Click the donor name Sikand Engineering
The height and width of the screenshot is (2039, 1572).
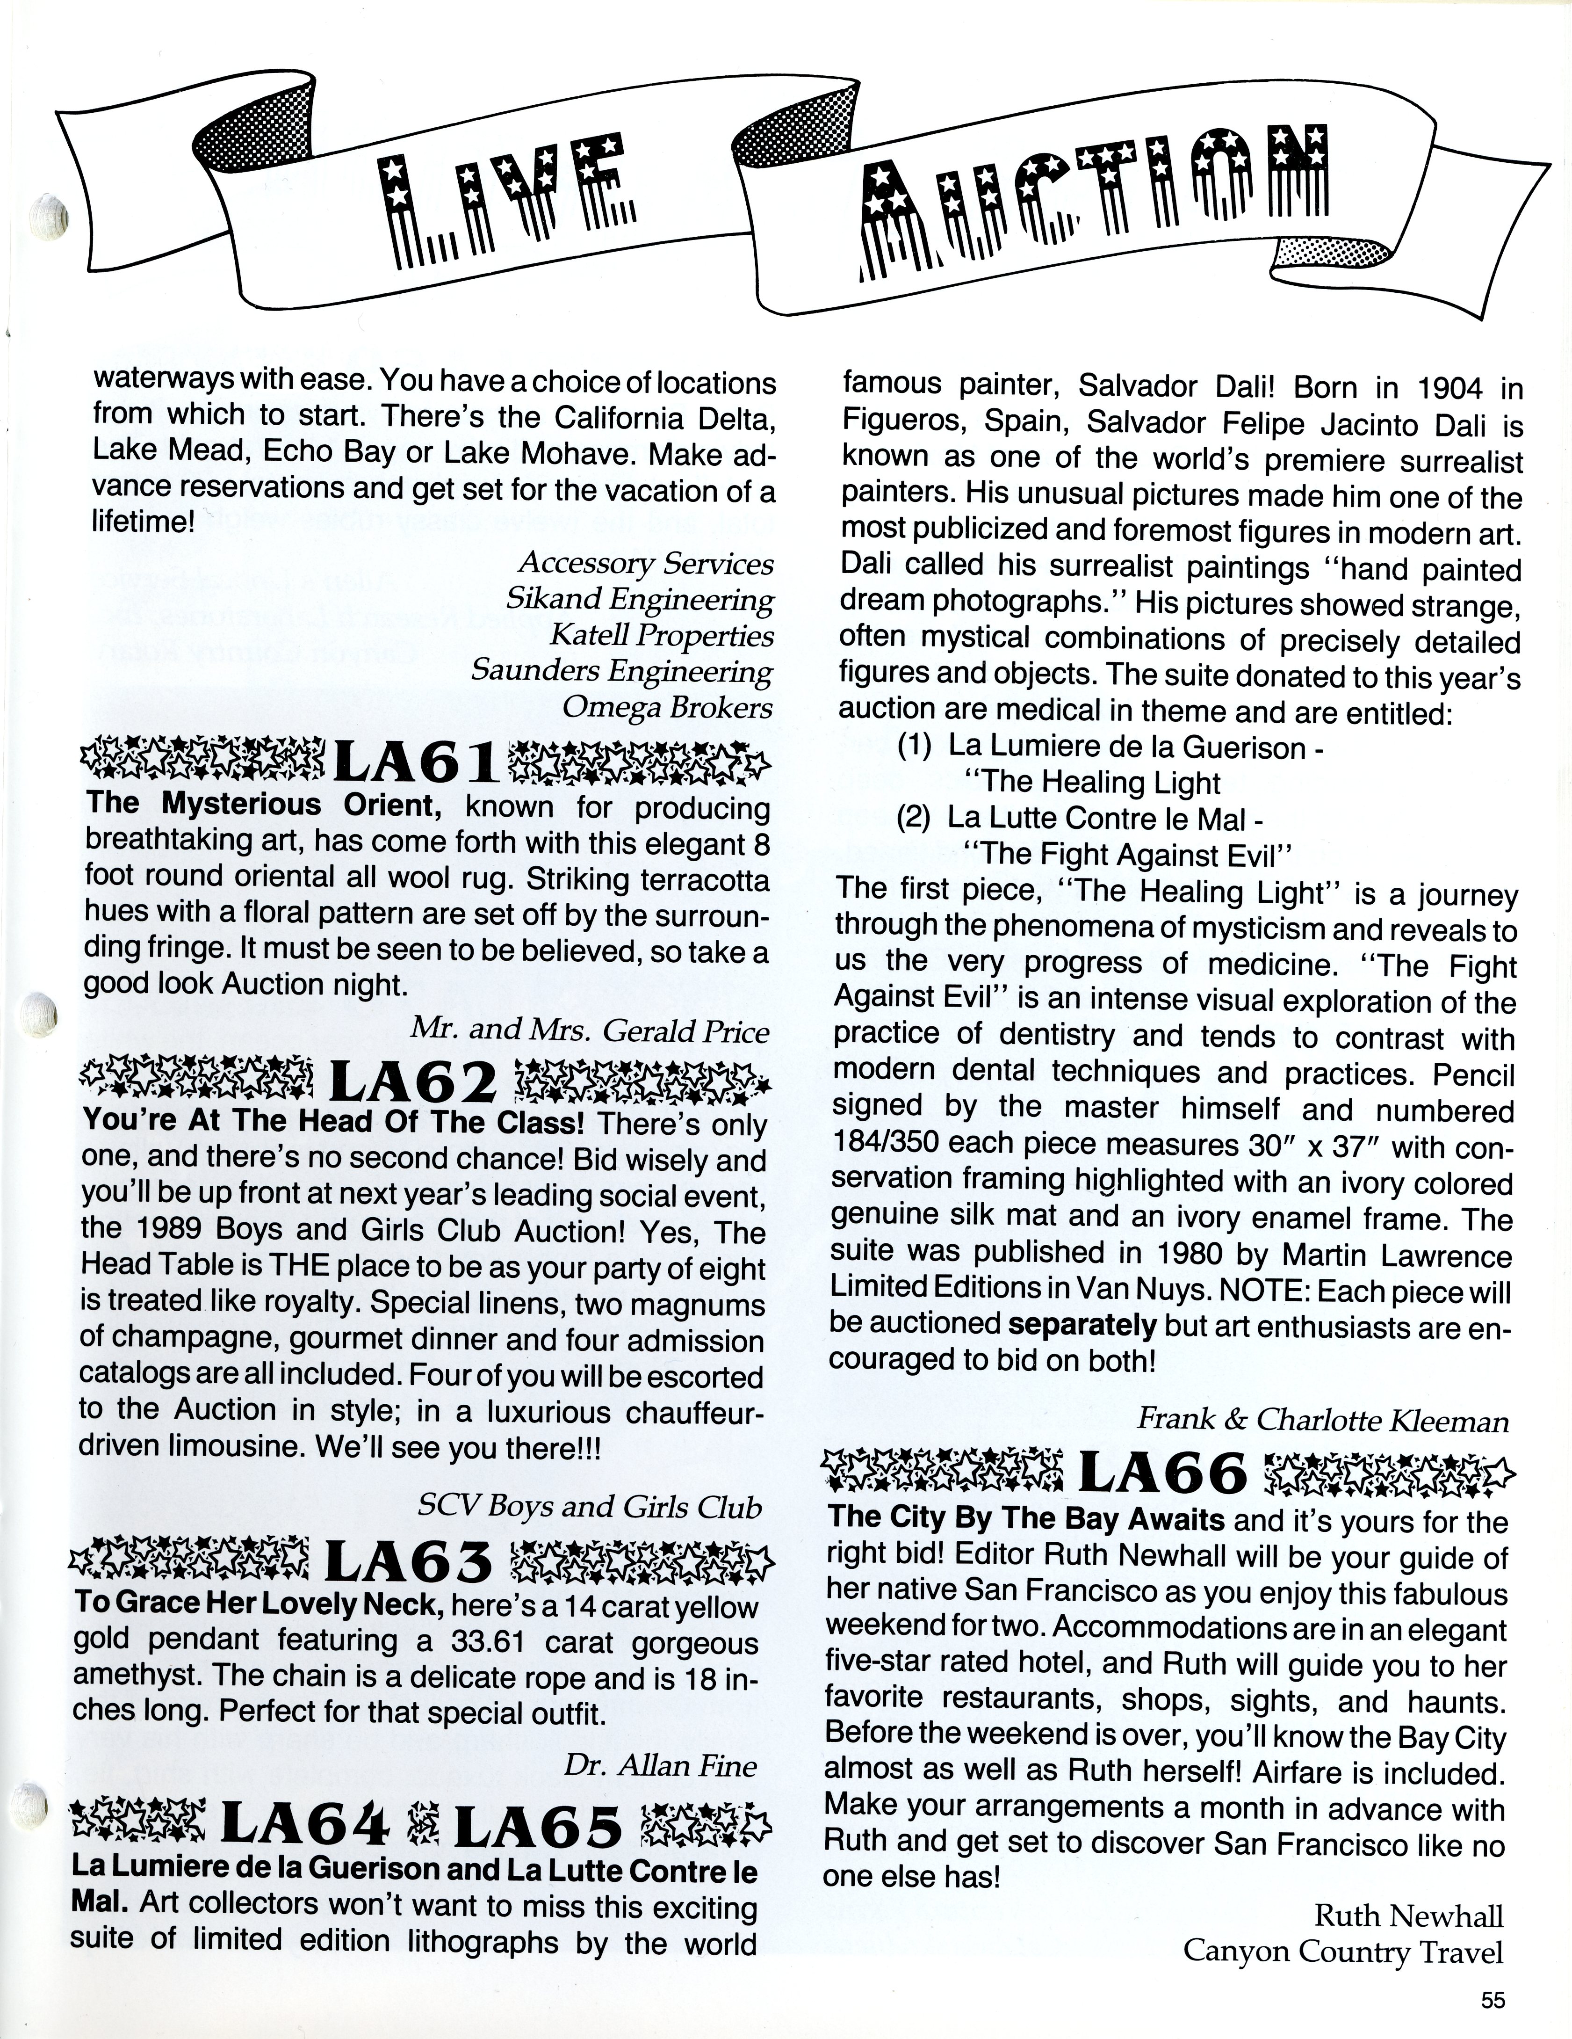click(640, 599)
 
